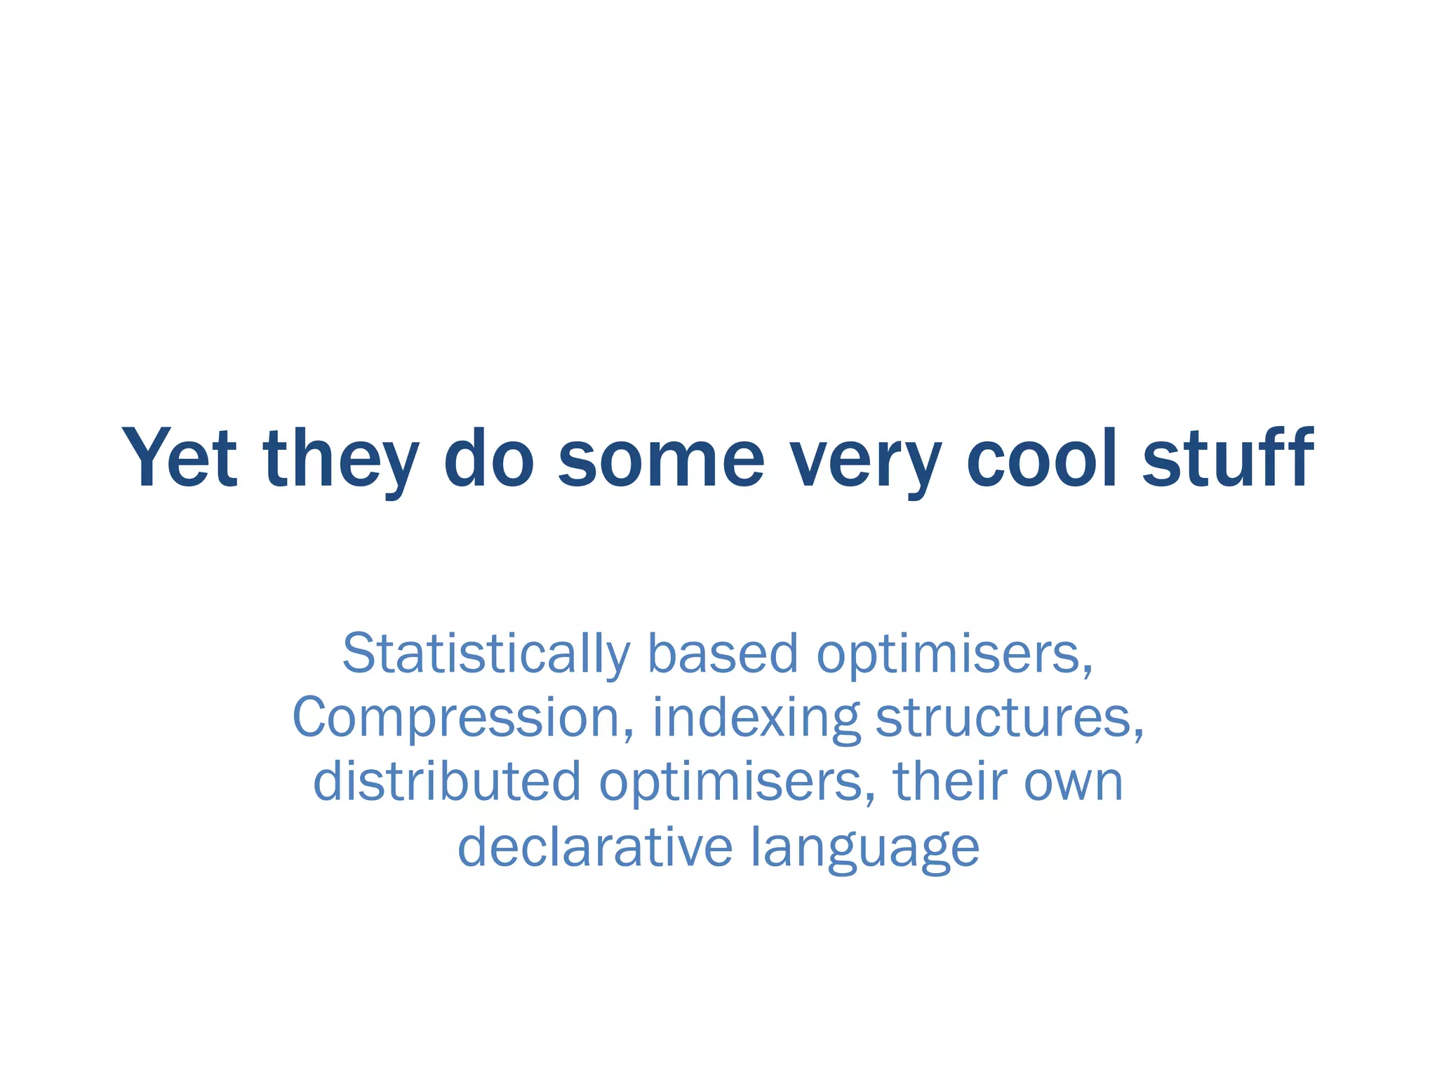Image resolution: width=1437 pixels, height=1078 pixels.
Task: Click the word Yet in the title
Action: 180,458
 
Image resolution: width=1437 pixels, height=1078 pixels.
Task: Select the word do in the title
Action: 488,458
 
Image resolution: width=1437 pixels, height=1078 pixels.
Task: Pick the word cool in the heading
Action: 1041,458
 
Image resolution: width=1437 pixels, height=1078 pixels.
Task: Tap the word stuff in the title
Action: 1228,458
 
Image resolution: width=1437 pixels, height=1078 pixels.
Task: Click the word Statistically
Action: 486,653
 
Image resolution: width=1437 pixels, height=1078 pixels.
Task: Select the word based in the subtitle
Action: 722,653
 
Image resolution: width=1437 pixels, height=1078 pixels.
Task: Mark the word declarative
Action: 595,846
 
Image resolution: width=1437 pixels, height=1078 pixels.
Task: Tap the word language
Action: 864,846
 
